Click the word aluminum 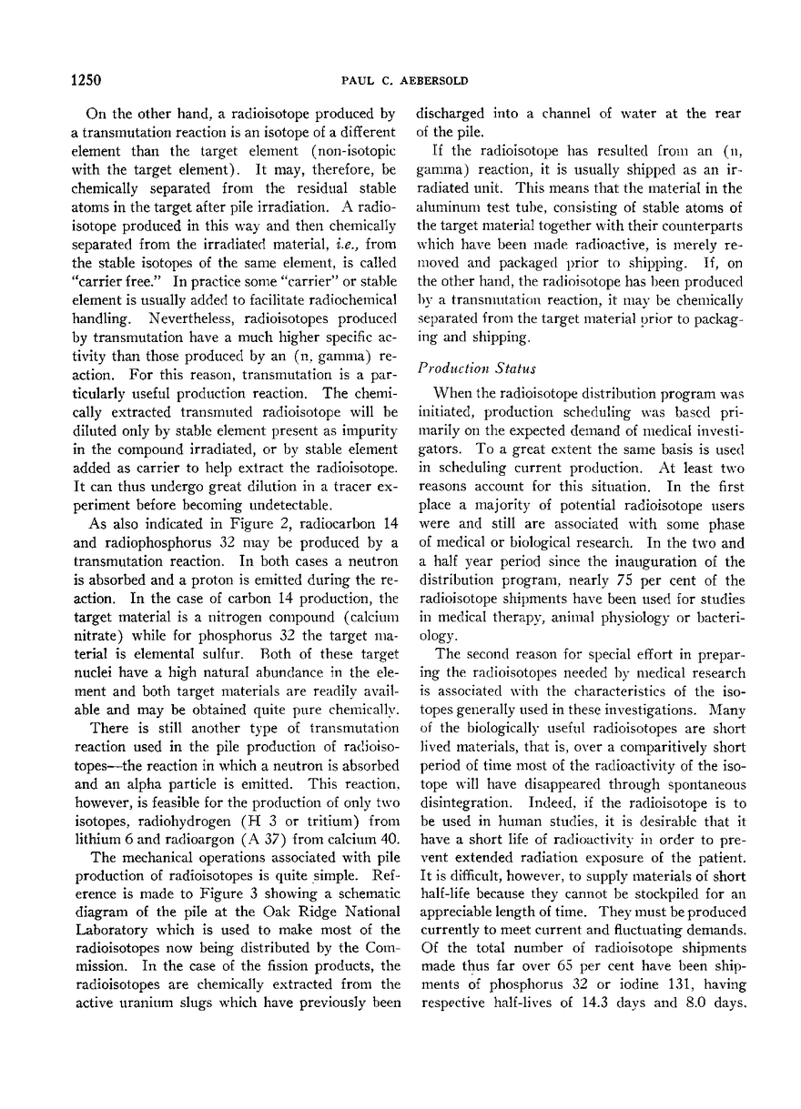pyautogui.click(x=446, y=187)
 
